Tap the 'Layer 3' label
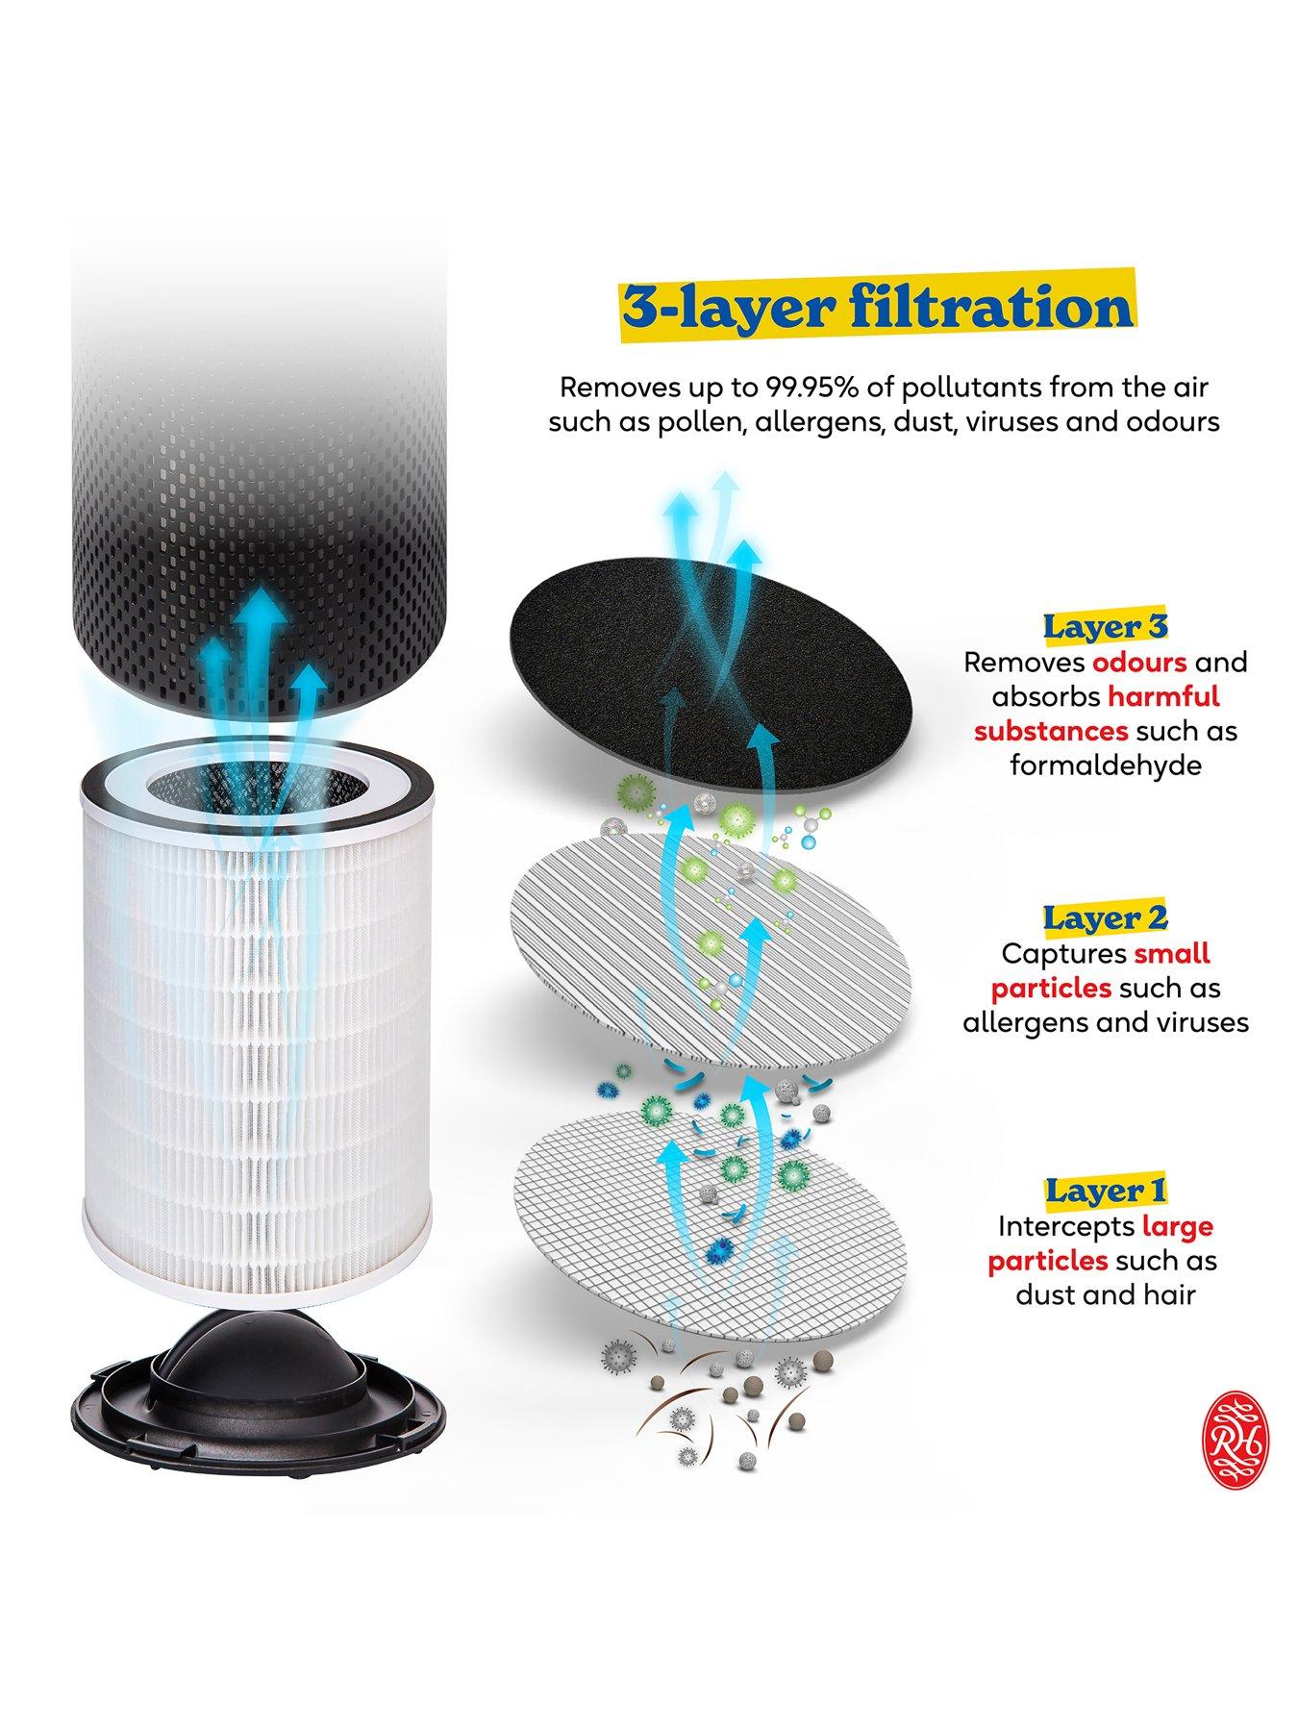tap(1105, 627)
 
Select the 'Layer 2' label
tap(1105, 917)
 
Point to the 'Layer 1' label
tap(1105, 1191)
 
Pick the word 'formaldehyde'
tap(1105, 765)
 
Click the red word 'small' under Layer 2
tap(1172, 953)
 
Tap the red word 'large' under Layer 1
tap(1177, 1226)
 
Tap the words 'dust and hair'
tap(1105, 1294)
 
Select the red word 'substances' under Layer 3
tap(1050, 731)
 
